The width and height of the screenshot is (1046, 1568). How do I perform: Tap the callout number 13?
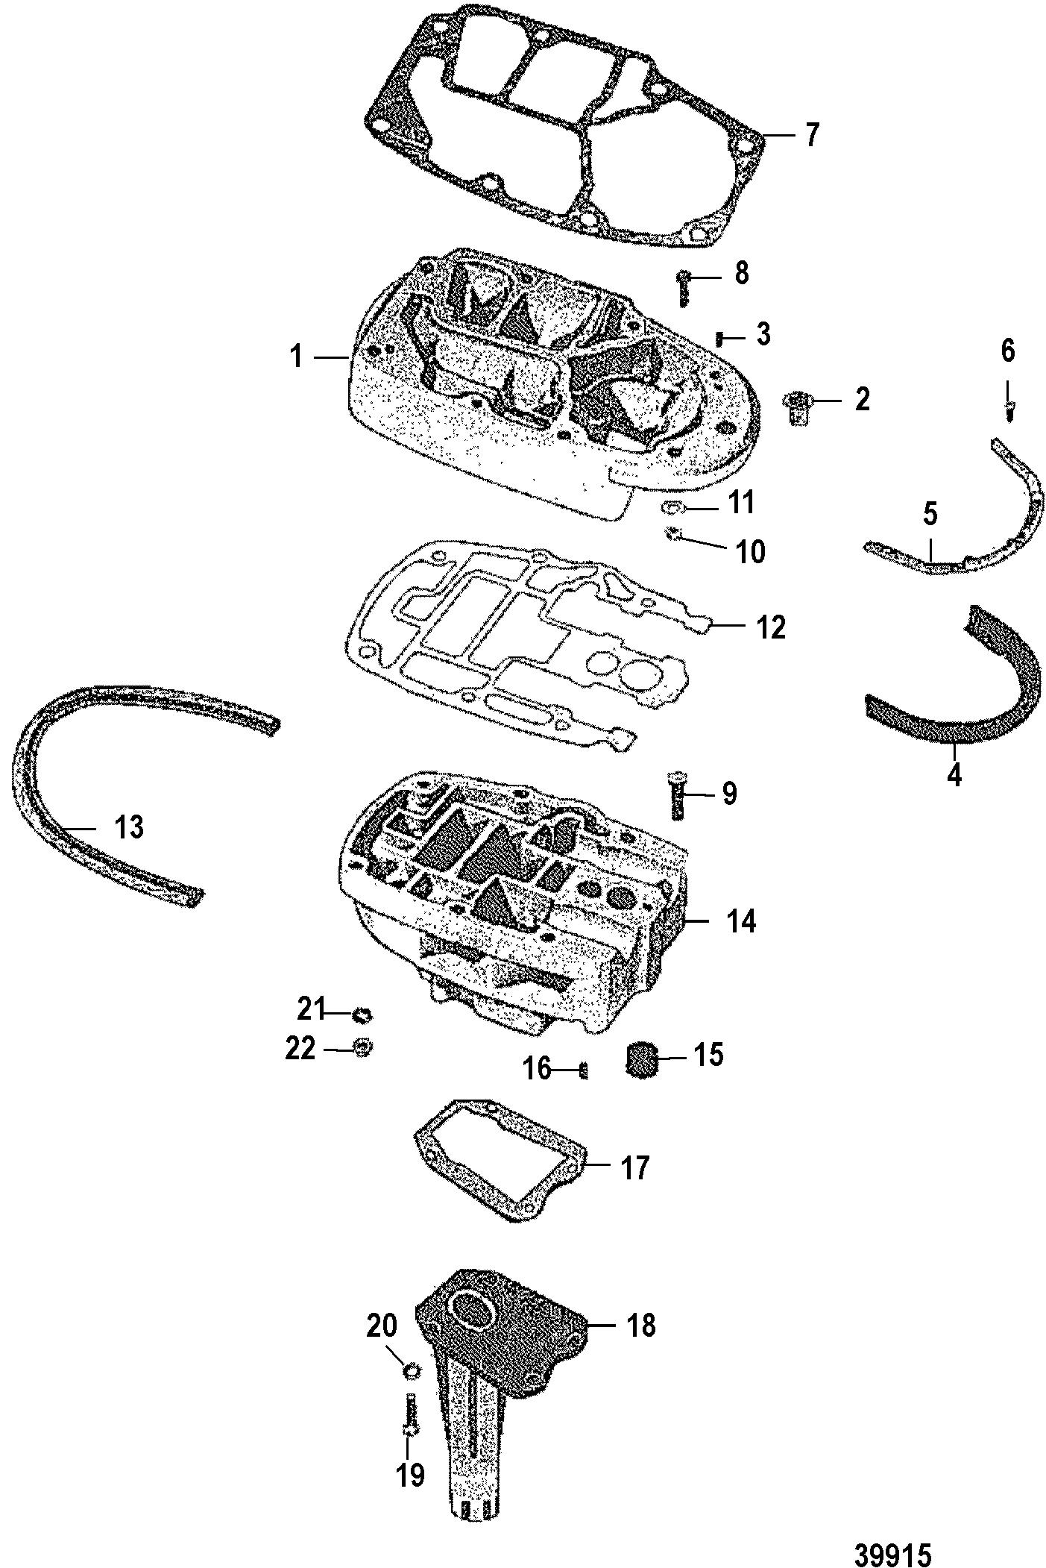click(128, 827)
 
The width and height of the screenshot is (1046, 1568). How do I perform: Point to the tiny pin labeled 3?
click(719, 338)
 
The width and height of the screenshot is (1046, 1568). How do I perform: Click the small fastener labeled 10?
click(673, 533)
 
